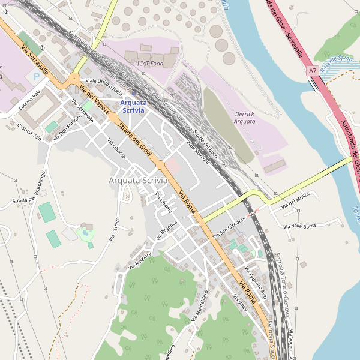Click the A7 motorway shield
coord(313,71)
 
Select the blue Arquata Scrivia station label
coord(133,106)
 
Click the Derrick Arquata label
coord(244,118)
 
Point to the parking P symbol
coord(37,77)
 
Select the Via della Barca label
coord(299,226)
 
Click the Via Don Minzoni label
coord(67,128)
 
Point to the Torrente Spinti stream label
coord(336,64)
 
